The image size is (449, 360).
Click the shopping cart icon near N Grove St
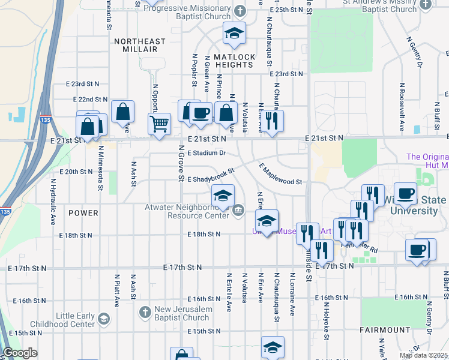click(159, 124)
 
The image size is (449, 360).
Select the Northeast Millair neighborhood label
click(139, 46)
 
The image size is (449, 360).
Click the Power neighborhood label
click(83, 213)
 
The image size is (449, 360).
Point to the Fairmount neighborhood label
click(385, 330)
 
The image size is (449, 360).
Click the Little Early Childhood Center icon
click(104, 318)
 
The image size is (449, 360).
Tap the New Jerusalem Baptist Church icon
click(145, 312)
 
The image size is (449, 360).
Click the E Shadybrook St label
click(209, 179)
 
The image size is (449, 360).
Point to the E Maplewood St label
click(280, 175)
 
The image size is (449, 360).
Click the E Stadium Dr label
click(206, 153)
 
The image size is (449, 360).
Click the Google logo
click(20, 353)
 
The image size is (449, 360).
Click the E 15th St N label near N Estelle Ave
click(204, 331)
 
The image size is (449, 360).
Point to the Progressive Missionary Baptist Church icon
click(240, 11)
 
